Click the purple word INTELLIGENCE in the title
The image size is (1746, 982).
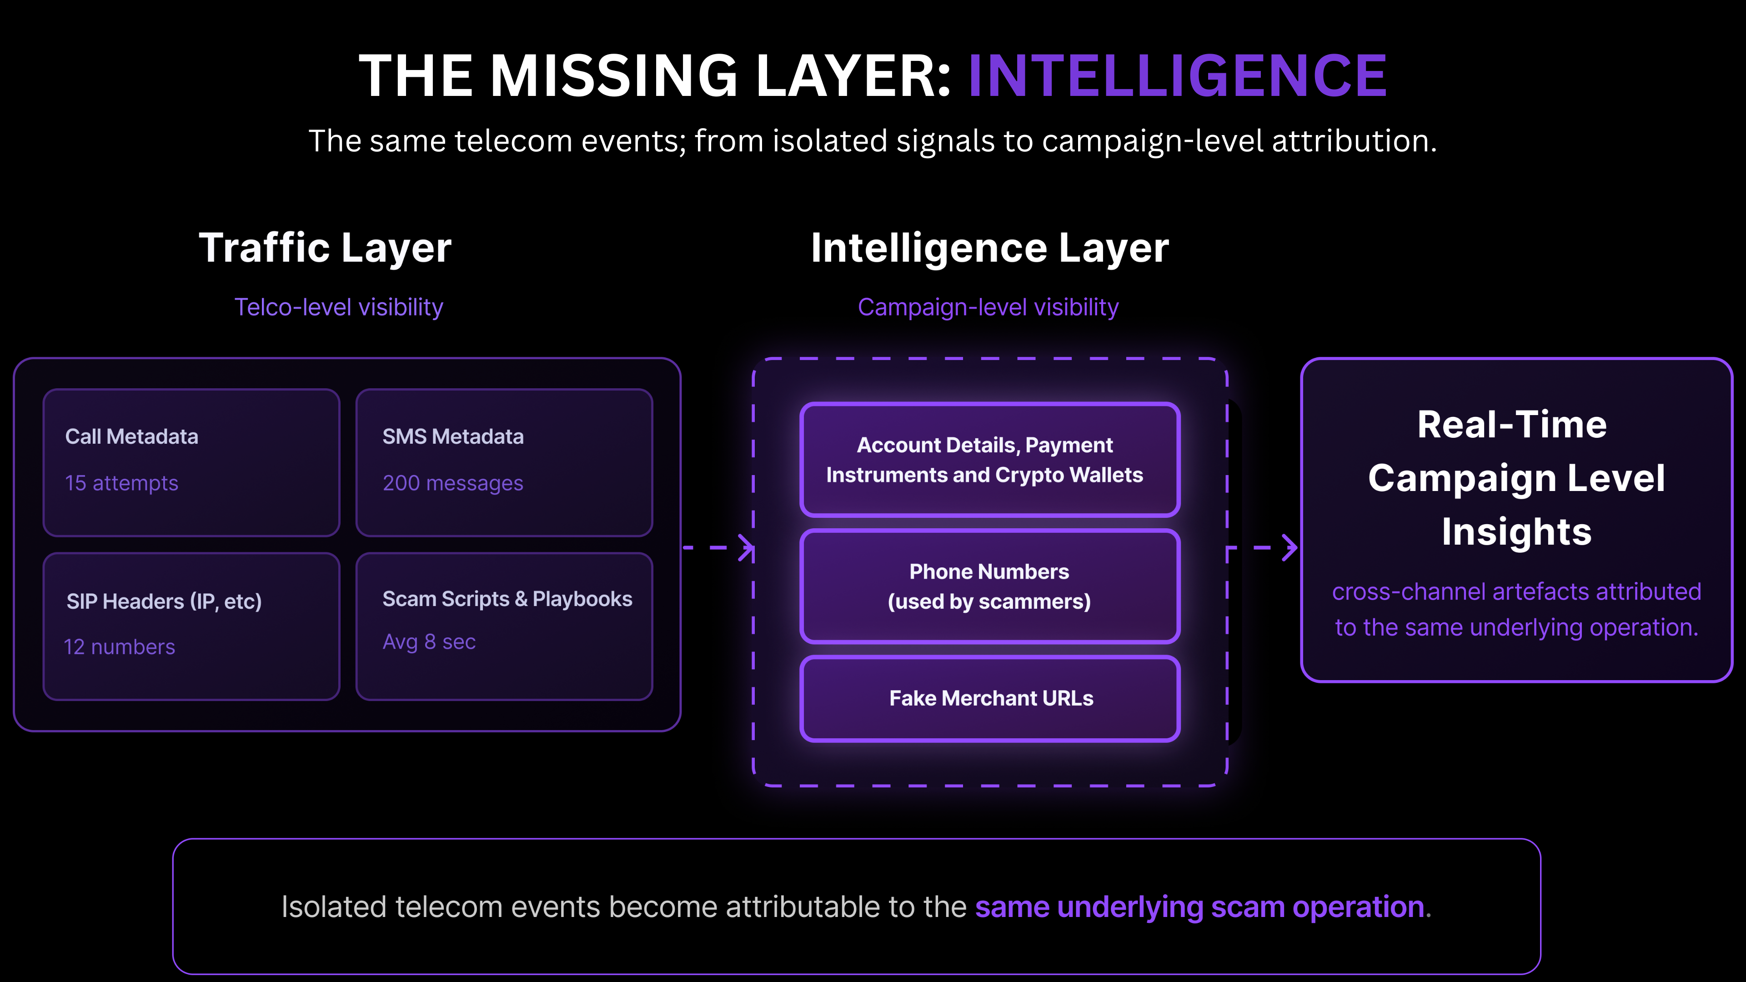coord(1177,76)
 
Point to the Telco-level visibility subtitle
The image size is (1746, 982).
coord(338,307)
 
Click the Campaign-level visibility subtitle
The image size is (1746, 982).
coord(988,307)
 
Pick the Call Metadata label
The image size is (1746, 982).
coord(131,436)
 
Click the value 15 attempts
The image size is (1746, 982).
coord(121,483)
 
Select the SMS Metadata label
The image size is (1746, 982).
coord(453,436)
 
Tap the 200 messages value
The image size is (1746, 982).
coord(453,483)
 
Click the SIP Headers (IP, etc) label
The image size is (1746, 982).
coord(164,601)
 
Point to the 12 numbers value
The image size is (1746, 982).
coord(119,647)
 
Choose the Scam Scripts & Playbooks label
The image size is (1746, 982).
coord(507,599)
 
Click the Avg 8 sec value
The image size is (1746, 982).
coord(429,642)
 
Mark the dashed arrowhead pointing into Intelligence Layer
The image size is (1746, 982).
coord(746,547)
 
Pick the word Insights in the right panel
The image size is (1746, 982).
coord(1516,531)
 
